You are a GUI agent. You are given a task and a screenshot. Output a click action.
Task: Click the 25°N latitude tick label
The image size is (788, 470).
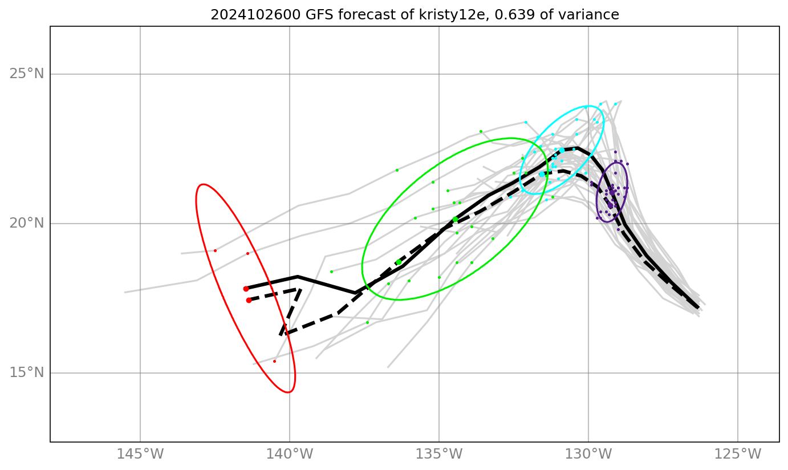(x=26, y=74)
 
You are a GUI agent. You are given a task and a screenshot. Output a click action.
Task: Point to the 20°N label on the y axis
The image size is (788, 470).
(x=26, y=224)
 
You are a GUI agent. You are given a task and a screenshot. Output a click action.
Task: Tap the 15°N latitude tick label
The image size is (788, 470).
(x=26, y=373)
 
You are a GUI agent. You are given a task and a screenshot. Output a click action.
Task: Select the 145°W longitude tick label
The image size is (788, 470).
(x=140, y=455)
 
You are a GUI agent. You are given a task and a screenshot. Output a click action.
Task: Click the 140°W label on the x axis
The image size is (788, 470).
(x=290, y=455)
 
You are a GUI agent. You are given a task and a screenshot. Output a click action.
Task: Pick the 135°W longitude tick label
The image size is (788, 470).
(x=439, y=455)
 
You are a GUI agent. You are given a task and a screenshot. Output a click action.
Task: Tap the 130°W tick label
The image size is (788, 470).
(x=588, y=455)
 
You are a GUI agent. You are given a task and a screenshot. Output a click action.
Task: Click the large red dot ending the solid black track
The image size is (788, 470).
(x=246, y=289)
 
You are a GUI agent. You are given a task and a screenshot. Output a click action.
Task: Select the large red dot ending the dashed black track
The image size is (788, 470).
(x=249, y=300)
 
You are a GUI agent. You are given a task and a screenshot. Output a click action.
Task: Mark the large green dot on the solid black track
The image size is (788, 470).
(x=455, y=220)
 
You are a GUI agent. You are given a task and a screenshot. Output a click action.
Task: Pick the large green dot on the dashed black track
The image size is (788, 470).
(x=399, y=262)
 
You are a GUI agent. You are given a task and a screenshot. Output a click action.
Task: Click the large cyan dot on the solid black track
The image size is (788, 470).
(x=562, y=150)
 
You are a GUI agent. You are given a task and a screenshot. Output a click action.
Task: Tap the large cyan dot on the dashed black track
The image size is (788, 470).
(x=541, y=174)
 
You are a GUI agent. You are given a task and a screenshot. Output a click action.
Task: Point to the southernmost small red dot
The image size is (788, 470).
(x=274, y=361)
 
